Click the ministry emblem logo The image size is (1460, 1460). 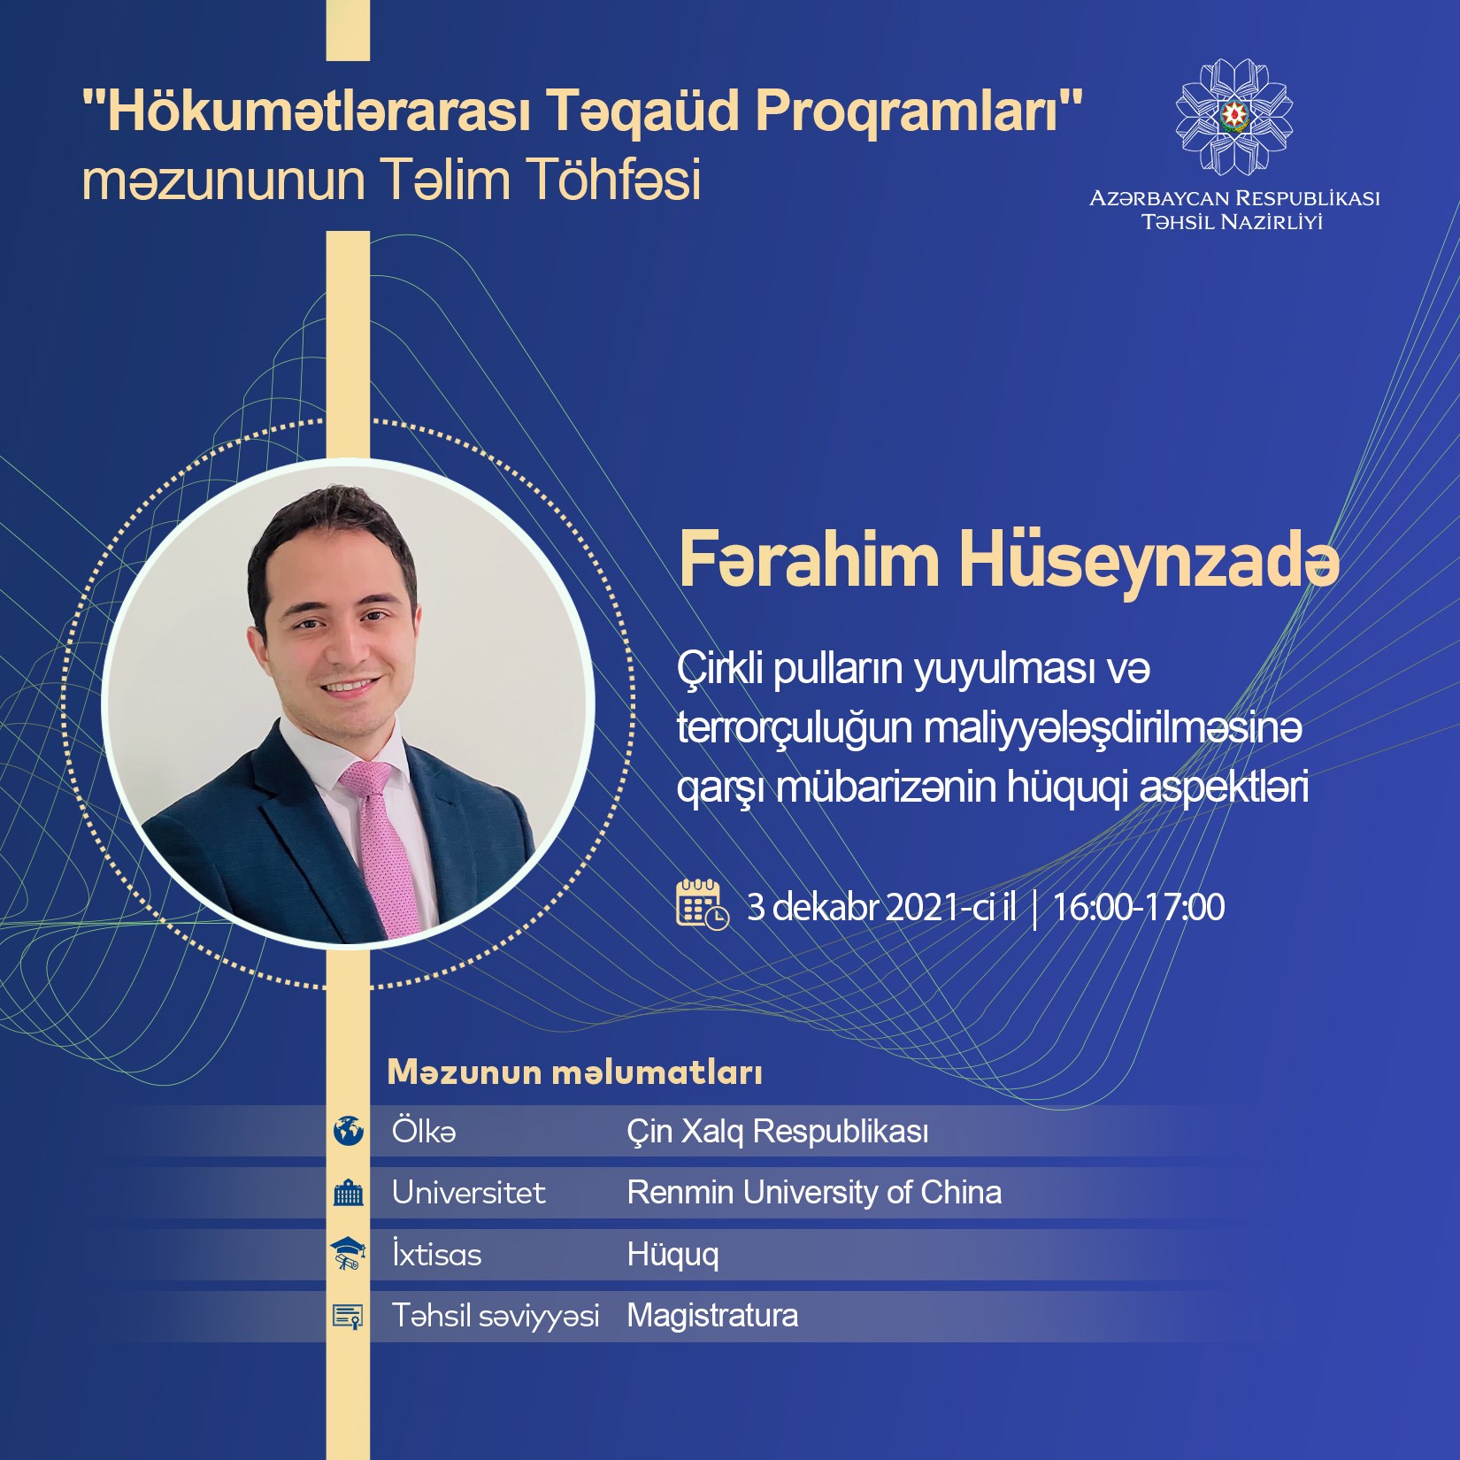point(1233,117)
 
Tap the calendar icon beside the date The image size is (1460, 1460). point(703,904)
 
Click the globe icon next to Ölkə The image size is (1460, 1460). point(349,1131)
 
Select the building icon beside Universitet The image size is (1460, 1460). point(349,1193)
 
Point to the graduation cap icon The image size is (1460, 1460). point(349,1254)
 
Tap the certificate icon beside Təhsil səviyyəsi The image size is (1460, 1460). point(349,1316)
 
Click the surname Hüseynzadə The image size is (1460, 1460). point(1149,561)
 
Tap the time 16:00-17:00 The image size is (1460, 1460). point(1139,907)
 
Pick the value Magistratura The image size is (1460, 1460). point(712,1316)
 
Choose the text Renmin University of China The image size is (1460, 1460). point(814,1193)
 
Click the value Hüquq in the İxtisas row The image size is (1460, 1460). point(672,1255)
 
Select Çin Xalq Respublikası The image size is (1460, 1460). point(778,1131)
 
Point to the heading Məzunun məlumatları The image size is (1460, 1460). point(575,1072)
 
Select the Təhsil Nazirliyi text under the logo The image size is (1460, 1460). point(1233,222)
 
